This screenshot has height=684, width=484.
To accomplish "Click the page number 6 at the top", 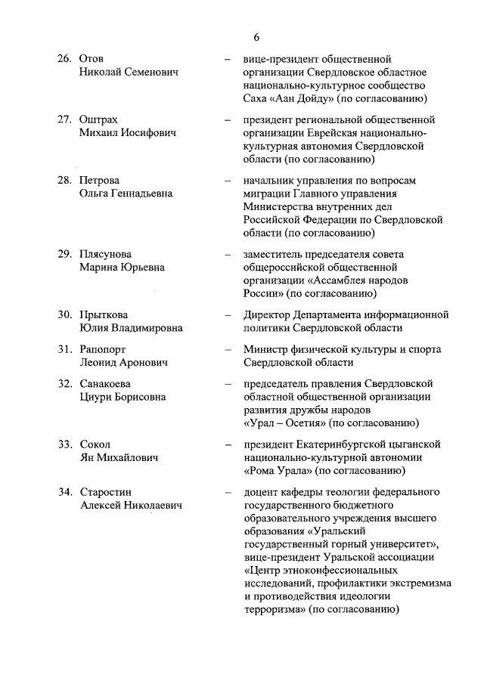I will pyautogui.click(x=256, y=37).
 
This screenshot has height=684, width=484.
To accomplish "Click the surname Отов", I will pyautogui.click(x=92, y=59).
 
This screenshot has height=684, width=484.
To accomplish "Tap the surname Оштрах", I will pyautogui.click(x=98, y=119).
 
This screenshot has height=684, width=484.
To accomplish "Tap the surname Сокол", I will pyautogui.click(x=94, y=444).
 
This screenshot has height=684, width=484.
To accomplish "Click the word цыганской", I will pyautogui.click(x=413, y=444).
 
